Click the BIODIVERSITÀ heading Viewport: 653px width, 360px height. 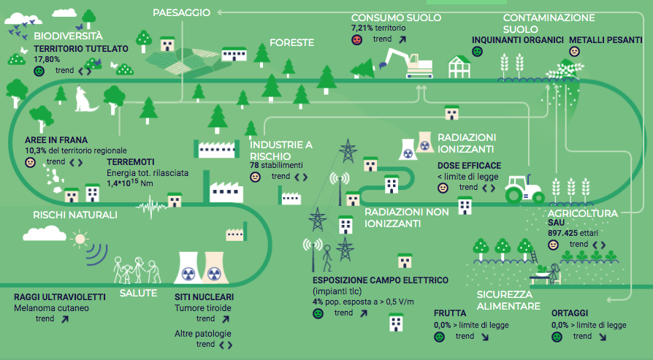coord(68,35)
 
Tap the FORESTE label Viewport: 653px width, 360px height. coord(291,43)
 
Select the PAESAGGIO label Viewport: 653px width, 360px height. coord(182,12)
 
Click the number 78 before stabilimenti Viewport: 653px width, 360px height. coord(255,166)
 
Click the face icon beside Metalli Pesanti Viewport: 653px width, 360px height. coord(574,52)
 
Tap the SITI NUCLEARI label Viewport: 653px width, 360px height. coord(204,297)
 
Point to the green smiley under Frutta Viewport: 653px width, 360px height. coord(439,337)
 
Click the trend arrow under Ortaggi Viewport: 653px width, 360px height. coord(602,337)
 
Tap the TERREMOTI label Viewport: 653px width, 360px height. coord(130,161)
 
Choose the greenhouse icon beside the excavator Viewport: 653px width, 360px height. coord(459,66)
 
